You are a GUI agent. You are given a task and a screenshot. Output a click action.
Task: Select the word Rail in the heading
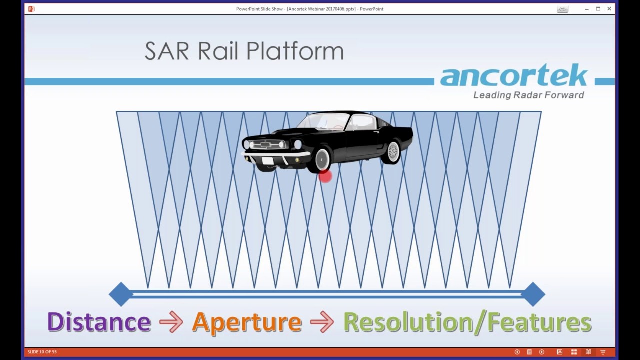tap(217, 51)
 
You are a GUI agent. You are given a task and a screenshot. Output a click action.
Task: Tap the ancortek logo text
tap(514, 76)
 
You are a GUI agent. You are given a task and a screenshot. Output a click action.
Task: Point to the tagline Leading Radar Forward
tap(528, 95)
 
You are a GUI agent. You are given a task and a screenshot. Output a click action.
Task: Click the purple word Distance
tap(99, 322)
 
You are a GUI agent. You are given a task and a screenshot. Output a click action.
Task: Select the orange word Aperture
tap(247, 322)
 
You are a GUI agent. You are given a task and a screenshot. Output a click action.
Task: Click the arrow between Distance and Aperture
tap(171, 322)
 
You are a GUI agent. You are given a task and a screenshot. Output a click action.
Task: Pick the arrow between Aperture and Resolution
tap(322, 322)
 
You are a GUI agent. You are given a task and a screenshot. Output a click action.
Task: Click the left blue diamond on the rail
tap(121, 294)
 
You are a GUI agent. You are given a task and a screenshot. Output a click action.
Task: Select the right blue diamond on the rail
tap(533, 294)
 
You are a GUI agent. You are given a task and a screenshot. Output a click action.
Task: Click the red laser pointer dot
tap(325, 176)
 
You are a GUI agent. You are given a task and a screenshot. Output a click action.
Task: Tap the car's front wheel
tap(322, 159)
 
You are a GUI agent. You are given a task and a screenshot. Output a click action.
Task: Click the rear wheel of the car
tap(392, 151)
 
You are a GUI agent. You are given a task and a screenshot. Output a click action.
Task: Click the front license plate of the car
tap(268, 161)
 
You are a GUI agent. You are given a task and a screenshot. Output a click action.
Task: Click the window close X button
tap(609, 9)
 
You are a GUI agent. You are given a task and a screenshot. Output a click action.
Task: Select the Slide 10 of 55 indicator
tap(42, 352)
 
